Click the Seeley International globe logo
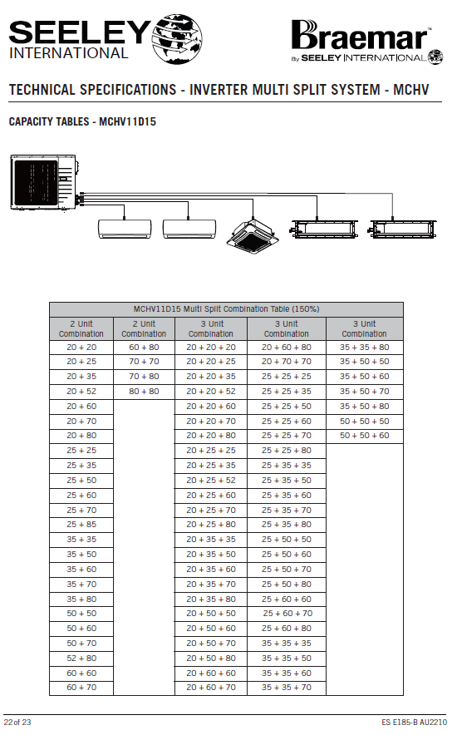tap(177, 38)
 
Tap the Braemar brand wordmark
tap(360, 35)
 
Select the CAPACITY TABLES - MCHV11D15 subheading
tap(82, 122)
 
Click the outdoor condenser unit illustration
tap(46, 182)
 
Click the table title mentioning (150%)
tap(226, 309)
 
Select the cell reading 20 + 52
tap(81, 392)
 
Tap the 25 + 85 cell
tap(81, 525)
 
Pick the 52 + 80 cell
tap(81, 659)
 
